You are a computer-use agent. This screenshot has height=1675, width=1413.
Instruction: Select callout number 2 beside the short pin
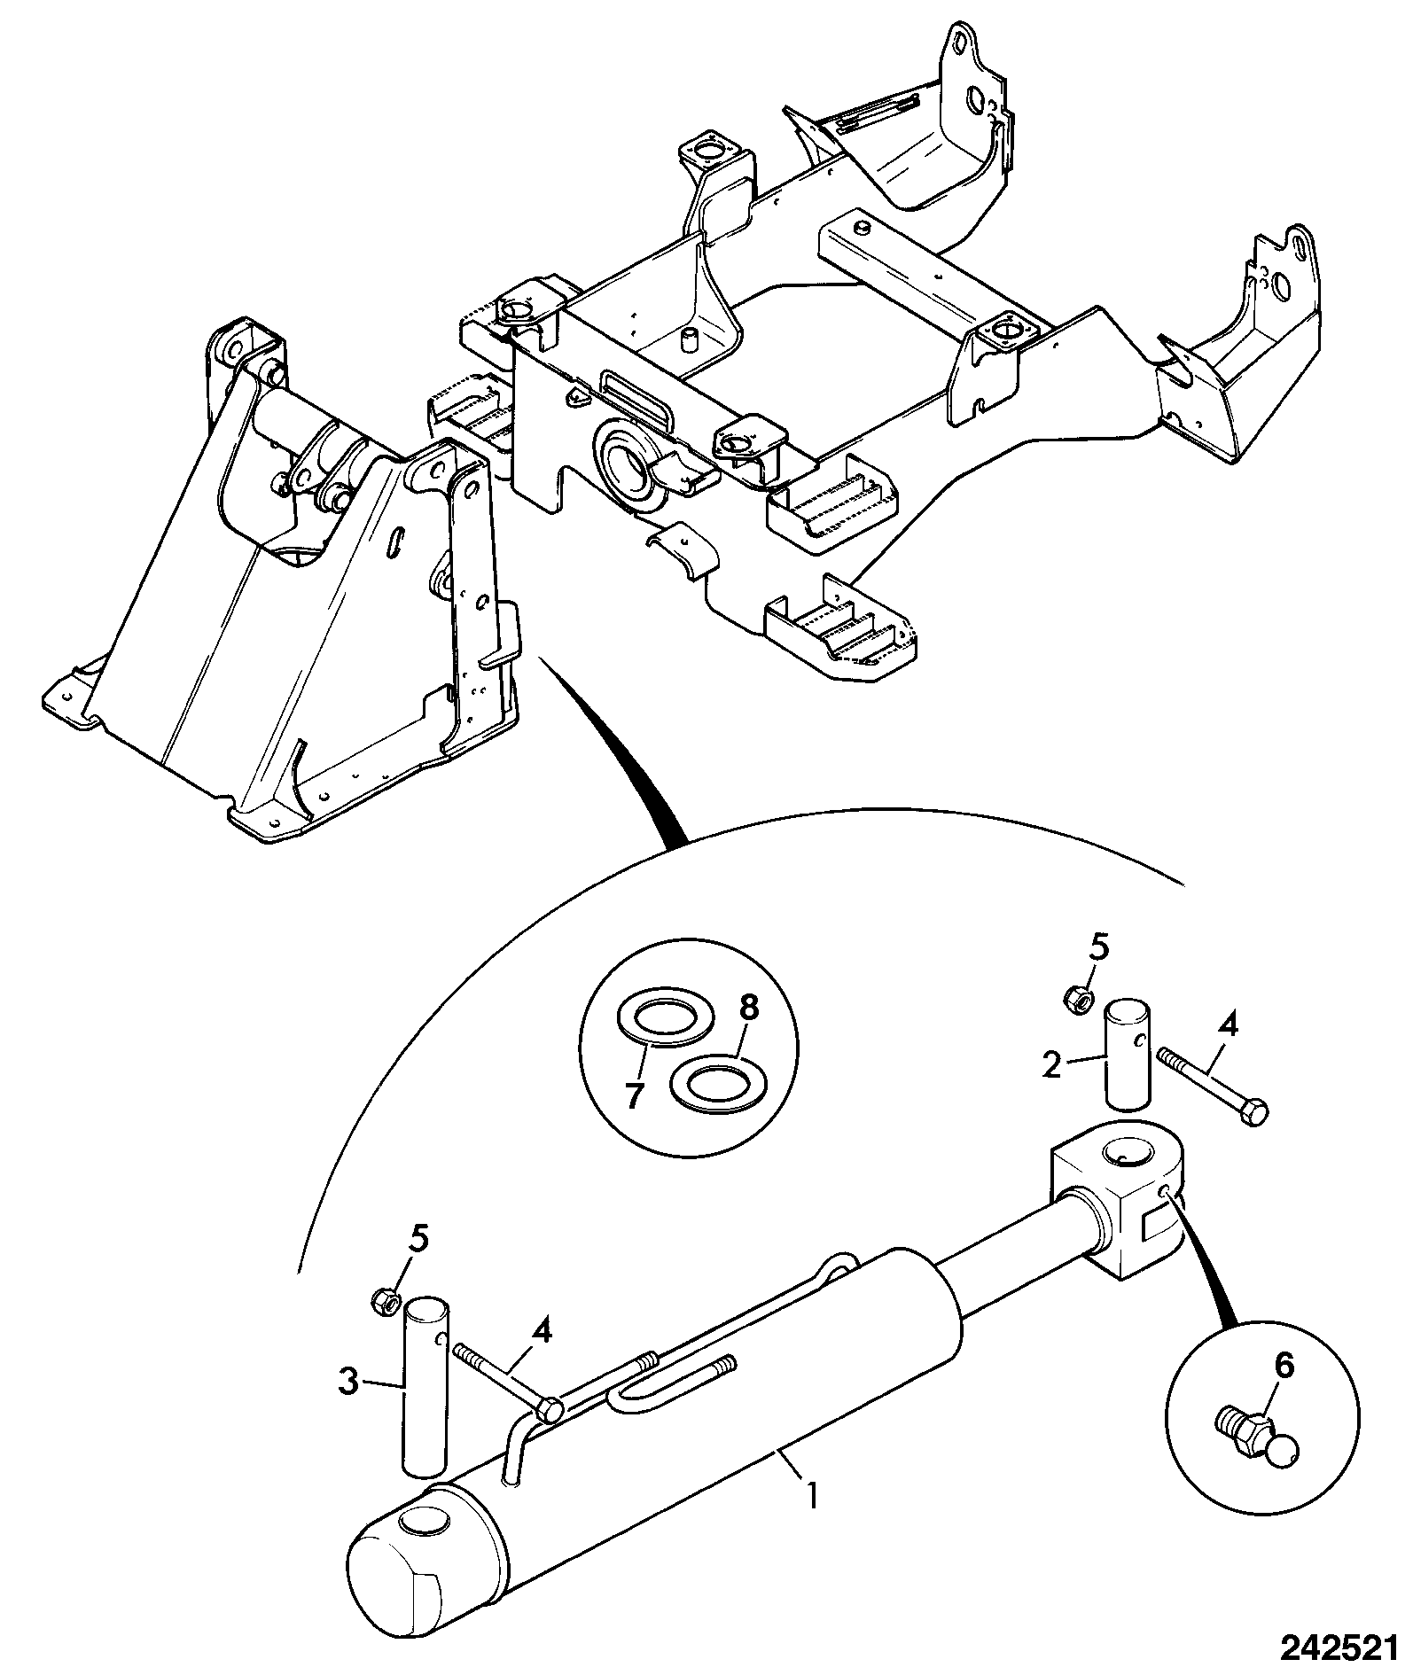(1052, 1064)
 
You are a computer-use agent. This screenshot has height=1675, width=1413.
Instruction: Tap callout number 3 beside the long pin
(350, 1382)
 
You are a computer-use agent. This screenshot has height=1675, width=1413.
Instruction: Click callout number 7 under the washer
(633, 1096)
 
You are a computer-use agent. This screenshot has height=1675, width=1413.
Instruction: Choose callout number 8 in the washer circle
(749, 1008)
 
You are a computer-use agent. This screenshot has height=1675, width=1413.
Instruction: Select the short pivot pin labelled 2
(1128, 1053)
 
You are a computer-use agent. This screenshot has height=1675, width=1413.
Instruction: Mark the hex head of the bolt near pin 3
(548, 1408)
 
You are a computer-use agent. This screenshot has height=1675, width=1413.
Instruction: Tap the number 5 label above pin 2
(1098, 948)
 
